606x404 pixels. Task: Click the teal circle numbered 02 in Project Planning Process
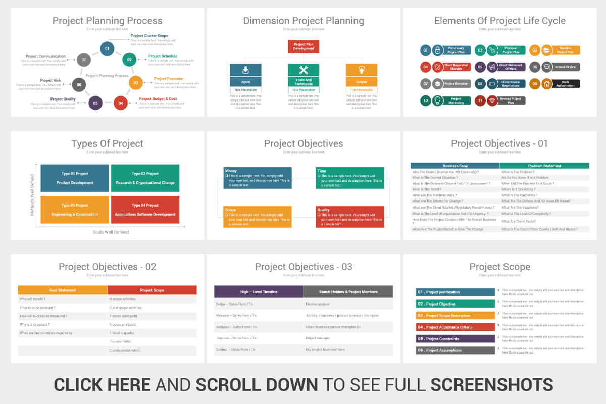coord(129,60)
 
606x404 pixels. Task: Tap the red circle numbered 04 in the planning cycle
coord(121,103)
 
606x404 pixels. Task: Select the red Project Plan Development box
coord(304,46)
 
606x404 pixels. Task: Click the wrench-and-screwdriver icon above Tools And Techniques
coord(304,70)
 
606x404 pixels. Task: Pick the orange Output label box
coord(362,82)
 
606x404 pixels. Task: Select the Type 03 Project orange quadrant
coord(75,210)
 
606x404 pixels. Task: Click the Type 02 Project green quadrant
coord(145,178)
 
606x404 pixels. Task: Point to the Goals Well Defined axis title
coord(111,232)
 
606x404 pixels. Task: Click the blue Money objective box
coord(258,178)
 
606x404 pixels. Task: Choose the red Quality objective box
coord(349,217)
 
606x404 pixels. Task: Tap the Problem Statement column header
coord(544,166)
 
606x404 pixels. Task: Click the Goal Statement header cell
coord(63,290)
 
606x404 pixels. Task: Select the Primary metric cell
coord(120,342)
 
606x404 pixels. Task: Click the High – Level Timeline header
coord(259,292)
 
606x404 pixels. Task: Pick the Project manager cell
coord(318,338)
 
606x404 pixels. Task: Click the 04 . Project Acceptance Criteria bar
coord(456,327)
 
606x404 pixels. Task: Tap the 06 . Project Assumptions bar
coord(456,350)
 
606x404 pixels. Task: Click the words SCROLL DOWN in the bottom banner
coord(257,384)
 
